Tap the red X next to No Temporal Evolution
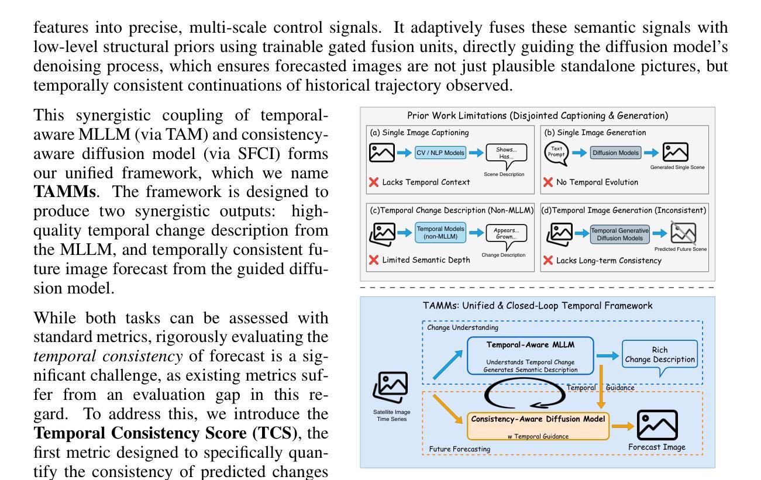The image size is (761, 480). pyautogui.click(x=548, y=182)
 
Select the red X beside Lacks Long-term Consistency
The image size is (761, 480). pyautogui.click(x=548, y=260)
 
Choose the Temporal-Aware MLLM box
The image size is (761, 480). pyautogui.click(x=529, y=354)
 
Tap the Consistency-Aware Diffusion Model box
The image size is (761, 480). pyautogui.click(x=538, y=424)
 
